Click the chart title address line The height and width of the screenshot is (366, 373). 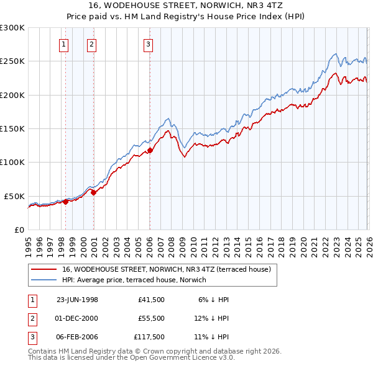coord(186,5)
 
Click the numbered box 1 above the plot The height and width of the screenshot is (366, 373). coord(65,43)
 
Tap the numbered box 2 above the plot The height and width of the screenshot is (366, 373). coord(92,43)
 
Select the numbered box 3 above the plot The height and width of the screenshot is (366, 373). coord(149,43)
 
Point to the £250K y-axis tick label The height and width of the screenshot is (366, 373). coord(12,61)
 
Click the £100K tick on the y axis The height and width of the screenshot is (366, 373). coord(12,162)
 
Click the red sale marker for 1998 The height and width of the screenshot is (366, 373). coord(66,201)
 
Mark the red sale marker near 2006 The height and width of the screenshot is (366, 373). coord(150,150)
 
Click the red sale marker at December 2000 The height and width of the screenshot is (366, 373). coord(93,192)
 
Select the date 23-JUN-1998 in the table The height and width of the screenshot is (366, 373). coord(77,299)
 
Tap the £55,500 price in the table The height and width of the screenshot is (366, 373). coord(153,319)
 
